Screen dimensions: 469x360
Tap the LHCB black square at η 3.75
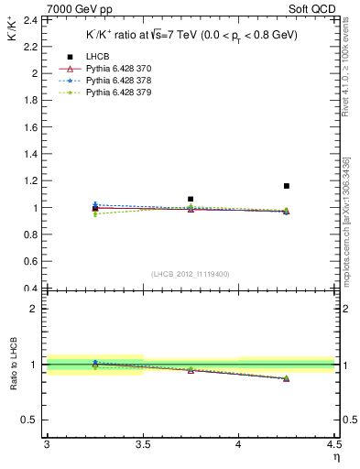(191, 199)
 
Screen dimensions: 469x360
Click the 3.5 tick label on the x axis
(143, 445)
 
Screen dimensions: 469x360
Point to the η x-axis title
(335, 457)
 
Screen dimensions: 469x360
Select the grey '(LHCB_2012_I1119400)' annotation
(191, 274)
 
